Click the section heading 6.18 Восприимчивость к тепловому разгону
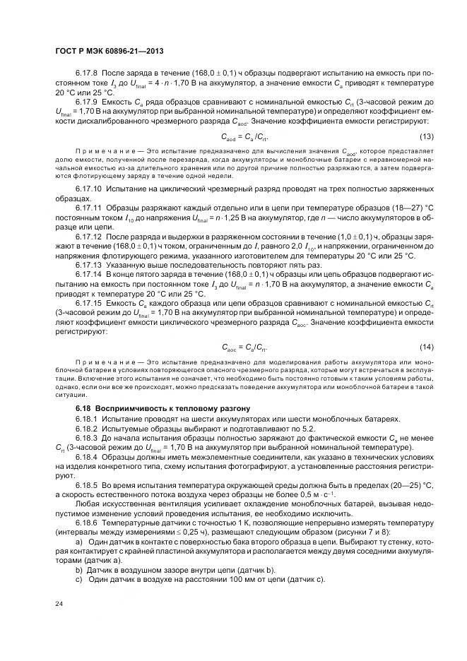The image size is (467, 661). [155, 409]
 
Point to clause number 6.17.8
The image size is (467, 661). [88, 73]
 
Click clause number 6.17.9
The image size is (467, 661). [88, 102]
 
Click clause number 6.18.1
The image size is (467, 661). [88, 418]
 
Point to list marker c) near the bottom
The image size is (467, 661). [78, 579]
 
